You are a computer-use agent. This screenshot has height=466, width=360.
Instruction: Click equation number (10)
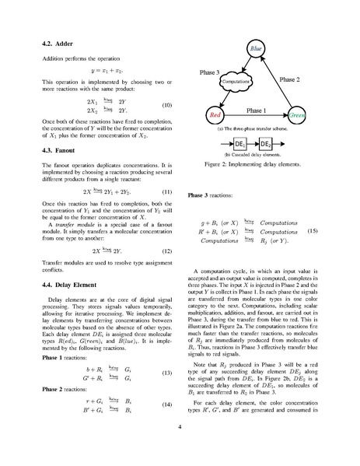click(166, 105)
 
